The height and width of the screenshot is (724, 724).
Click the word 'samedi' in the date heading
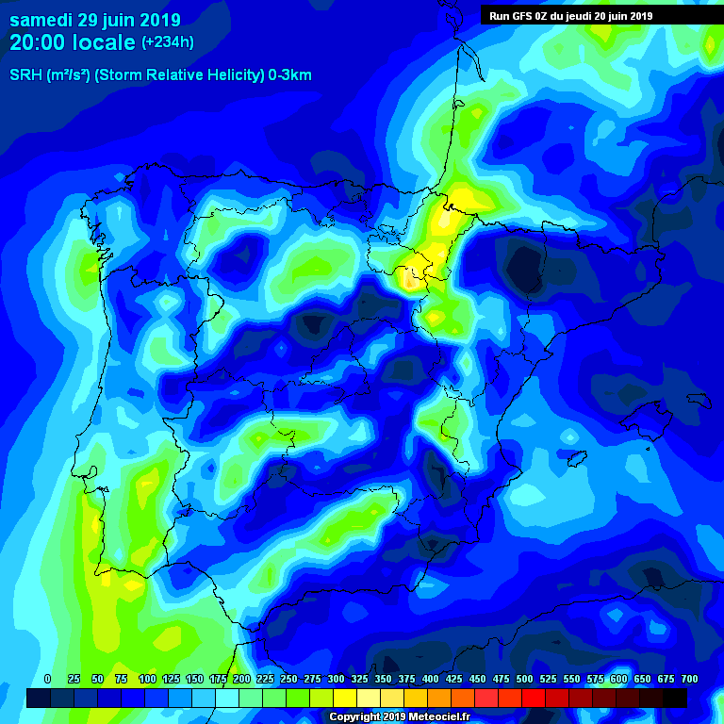(41, 20)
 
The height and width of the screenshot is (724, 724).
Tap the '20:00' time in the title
(36, 42)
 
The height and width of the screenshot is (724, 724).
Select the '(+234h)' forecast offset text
(167, 42)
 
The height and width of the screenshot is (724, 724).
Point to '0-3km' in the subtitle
(289, 75)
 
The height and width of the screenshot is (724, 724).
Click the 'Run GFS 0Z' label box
(570, 16)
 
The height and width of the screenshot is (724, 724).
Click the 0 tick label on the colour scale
(48, 680)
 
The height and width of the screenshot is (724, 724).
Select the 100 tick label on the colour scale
(147, 680)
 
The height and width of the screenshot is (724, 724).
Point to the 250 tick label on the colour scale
(288, 680)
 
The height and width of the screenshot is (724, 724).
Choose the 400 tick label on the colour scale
(431, 680)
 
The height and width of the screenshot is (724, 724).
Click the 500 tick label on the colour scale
(525, 680)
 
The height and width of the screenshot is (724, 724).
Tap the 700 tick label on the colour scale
(689, 680)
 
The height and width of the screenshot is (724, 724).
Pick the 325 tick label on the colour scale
(360, 680)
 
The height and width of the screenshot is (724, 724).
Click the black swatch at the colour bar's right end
(675, 698)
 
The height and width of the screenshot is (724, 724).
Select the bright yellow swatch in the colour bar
(345, 698)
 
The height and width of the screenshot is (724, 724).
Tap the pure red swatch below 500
(534, 698)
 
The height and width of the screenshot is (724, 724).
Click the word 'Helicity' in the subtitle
(229, 75)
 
